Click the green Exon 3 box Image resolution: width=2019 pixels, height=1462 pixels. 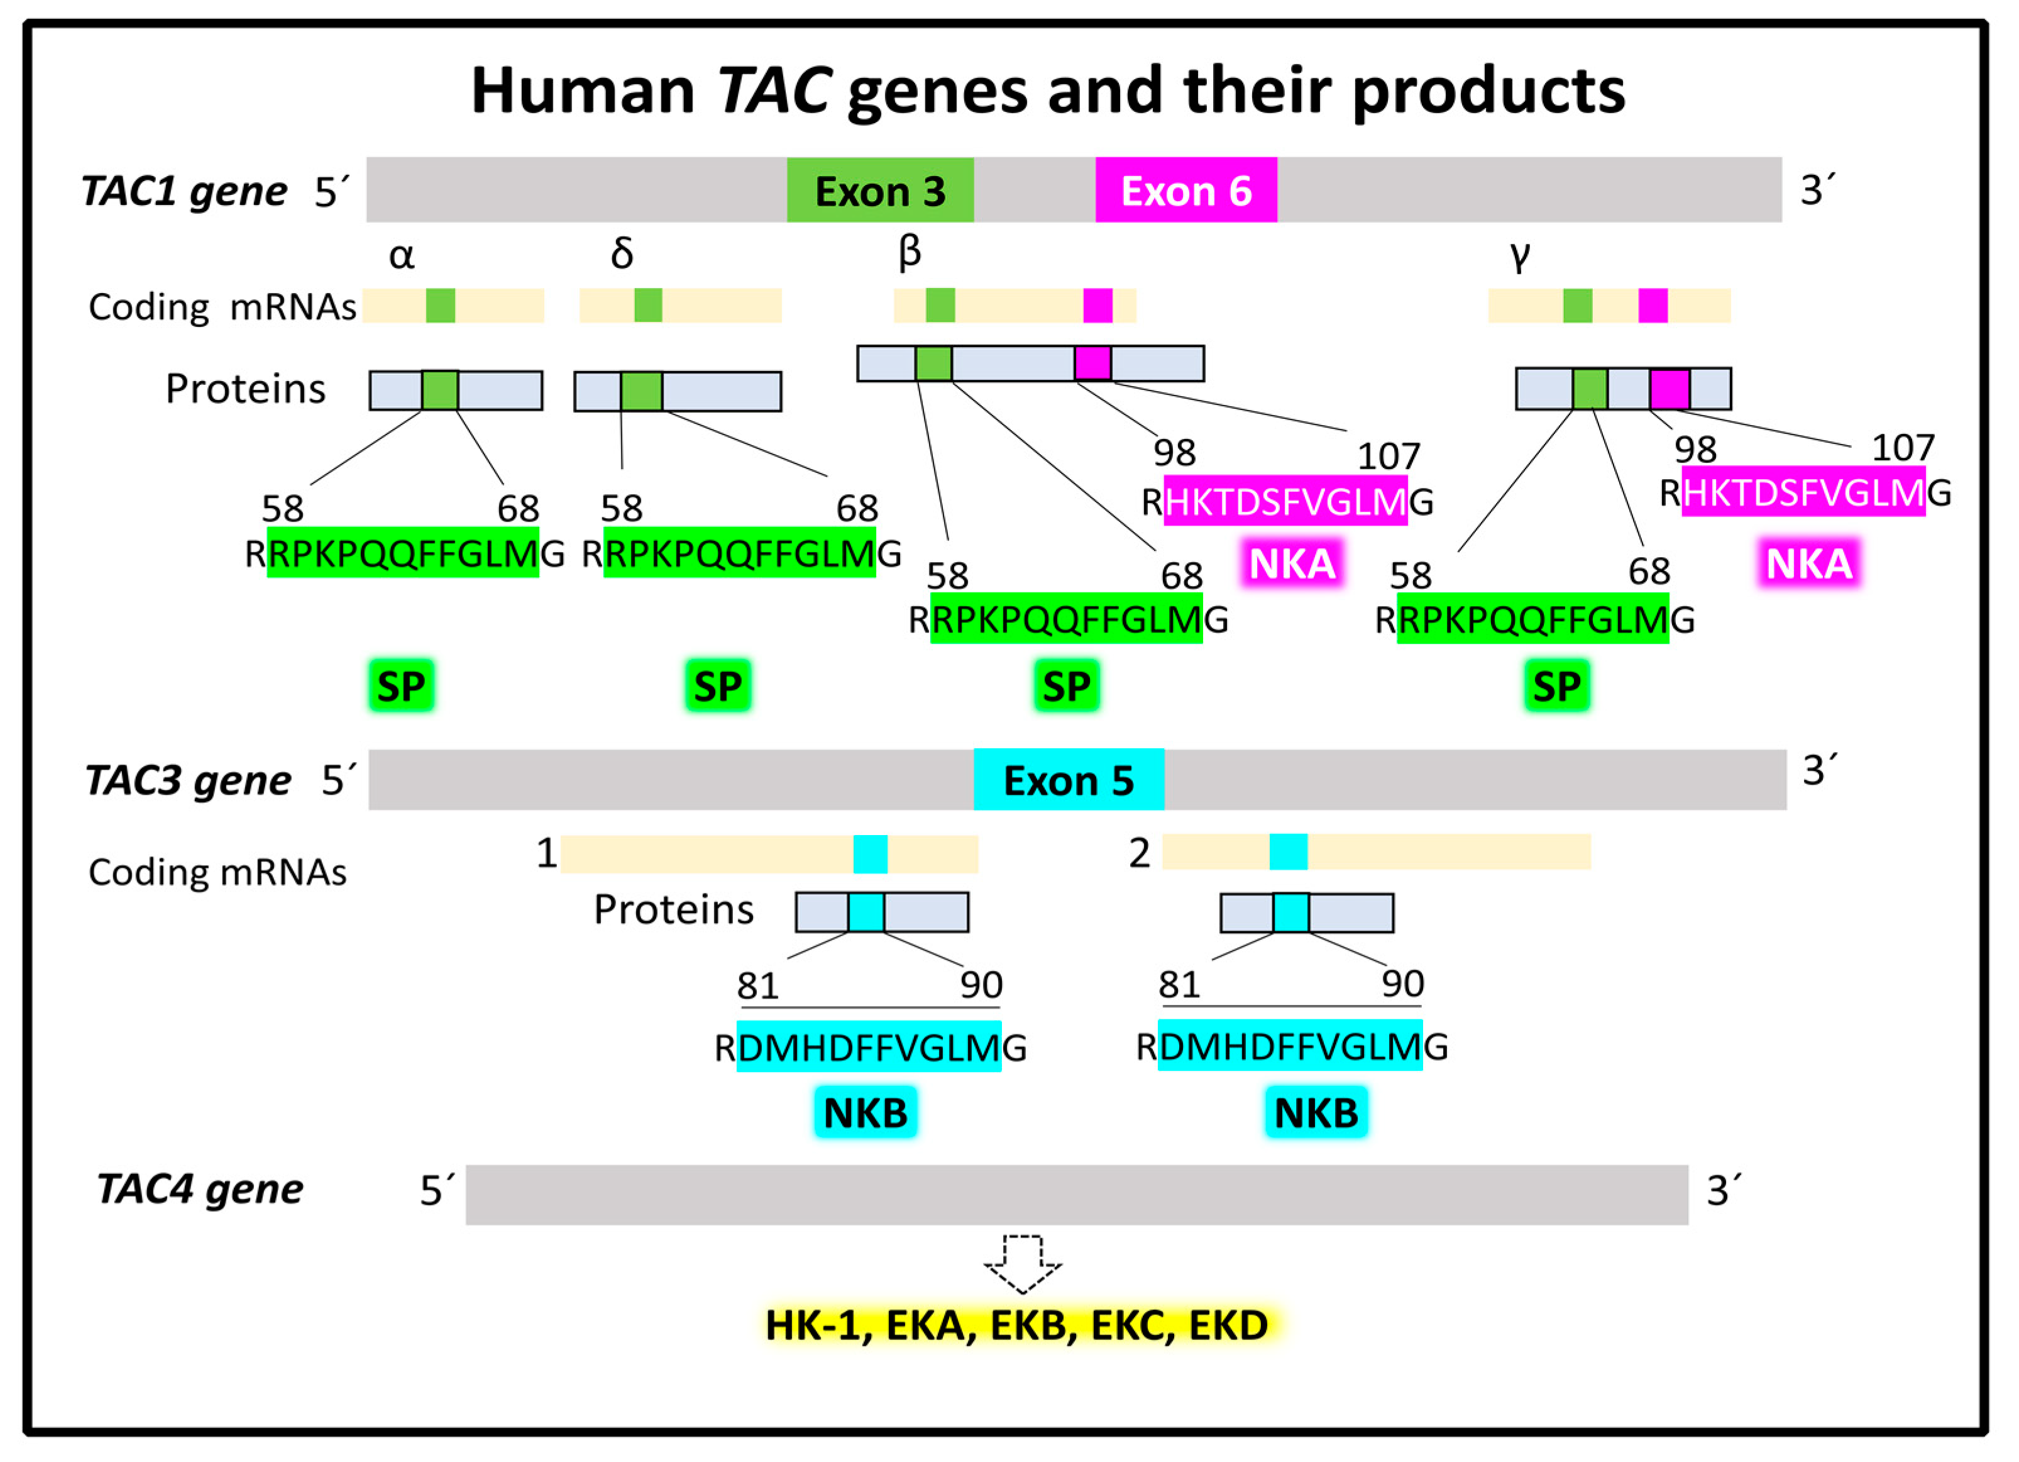pyautogui.click(x=879, y=191)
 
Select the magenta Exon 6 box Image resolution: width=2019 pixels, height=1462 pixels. pyautogui.click(x=1186, y=191)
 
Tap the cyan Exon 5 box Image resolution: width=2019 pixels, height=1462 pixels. pyautogui.click(x=1068, y=780)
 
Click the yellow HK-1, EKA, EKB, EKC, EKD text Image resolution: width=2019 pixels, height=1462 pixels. pyautogui.click(x=1016, y=1326)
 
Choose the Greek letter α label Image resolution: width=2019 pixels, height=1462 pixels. pyautogui.click(x=402, y=255)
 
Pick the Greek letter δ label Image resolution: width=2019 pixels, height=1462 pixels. pyautogui.click(x=622, y=254)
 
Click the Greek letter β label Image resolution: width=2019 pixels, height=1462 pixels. pyautogui.click(x=909, y=252)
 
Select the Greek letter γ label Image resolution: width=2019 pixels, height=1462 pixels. pyautogui.click(x=1519, y=255)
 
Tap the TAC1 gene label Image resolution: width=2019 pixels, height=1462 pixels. pyautogui.click(x=184, y=191)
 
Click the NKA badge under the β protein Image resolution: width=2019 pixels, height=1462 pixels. pyautogui.click(x=1292, y=563)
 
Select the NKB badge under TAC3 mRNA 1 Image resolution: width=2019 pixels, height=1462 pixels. pyautogui.click(x=866, y=1113)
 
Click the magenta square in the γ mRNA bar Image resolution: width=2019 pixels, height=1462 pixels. pyautogui.click(x=1653, y=306)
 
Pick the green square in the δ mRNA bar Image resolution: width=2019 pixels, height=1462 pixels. pyautogui.click(x=648, y=306)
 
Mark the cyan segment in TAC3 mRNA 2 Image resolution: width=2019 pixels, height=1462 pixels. pyautogui.click(x=1288, y=852)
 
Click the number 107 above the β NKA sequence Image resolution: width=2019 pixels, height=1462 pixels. pyautogui.click(x=1388, y=457)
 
